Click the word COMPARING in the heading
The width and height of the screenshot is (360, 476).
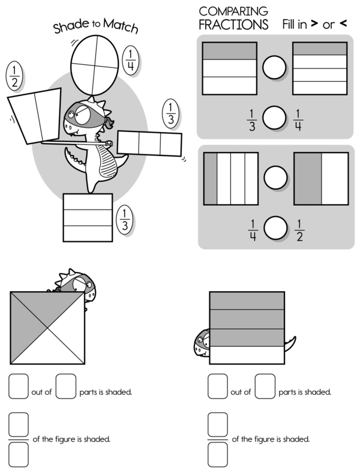[x=233, y=11]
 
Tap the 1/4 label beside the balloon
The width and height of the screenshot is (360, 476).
[x=131, y=60]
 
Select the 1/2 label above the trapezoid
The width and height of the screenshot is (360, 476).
[x=14, y=76]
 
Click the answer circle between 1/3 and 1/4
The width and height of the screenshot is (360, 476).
[x=274, y=118]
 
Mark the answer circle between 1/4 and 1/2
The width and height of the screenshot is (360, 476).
[x=275, y=227]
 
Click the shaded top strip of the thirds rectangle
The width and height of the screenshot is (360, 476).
[x=229, y=51]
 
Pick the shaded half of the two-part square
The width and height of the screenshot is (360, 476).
[x=308, y=179]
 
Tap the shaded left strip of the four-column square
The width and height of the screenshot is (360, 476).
[x=211, y=179]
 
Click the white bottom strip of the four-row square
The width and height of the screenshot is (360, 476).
[x=247, y=355]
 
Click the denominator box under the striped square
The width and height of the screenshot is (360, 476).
[x=218, y=454]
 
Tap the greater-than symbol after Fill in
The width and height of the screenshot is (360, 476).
[x=315, y=23]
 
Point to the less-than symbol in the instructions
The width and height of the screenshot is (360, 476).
[x=343, y=23]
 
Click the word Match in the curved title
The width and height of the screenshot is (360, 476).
[x=121, y=25]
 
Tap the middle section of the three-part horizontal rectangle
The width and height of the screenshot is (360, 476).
[x=149, y=143]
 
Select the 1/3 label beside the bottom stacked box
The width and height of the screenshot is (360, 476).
[x=125, y=220]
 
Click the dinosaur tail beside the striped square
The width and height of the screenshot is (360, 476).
[x=290, y=343]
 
